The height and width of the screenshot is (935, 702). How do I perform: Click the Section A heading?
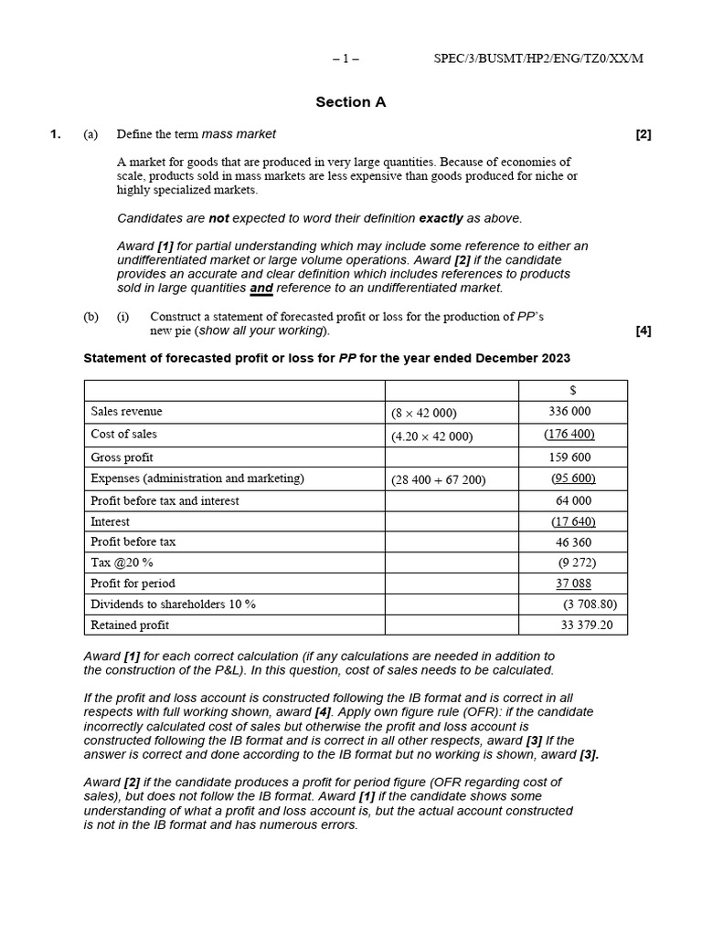[351, 102]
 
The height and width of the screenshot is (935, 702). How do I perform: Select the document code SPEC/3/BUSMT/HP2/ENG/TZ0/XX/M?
[537, 58]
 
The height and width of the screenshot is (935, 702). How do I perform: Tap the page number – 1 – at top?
[346, 58]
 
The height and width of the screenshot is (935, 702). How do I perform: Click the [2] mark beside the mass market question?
[643, 134]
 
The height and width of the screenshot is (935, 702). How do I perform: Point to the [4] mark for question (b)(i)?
[643, 331]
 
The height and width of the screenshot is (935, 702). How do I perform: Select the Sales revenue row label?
[126, 412]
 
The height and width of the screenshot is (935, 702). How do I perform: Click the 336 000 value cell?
[569, 412]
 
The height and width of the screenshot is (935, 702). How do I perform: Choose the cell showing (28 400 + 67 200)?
[438, 478]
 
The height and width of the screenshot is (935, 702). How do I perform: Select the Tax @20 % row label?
[122, 562]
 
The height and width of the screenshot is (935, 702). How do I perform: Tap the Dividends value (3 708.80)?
[590, 604]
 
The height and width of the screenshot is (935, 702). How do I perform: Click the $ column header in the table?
[572, 390]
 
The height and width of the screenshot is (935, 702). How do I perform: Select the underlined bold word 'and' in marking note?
[261, 288]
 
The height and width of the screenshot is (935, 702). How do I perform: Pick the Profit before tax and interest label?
[165, 500]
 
